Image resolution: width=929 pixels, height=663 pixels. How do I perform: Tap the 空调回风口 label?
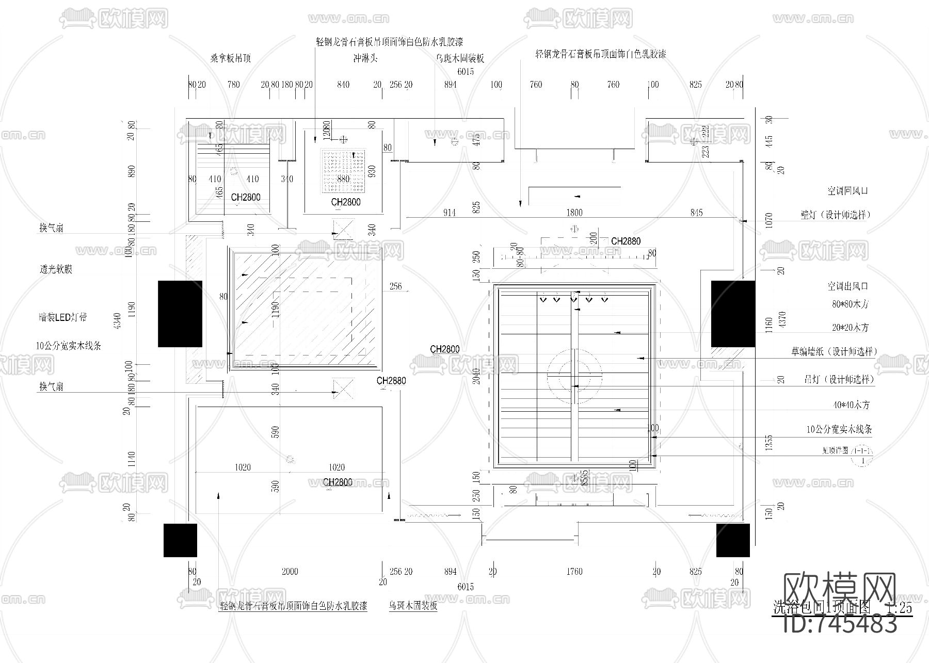847,191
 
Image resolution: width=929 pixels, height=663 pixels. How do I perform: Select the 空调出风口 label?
847,286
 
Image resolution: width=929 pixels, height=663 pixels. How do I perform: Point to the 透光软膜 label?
56,269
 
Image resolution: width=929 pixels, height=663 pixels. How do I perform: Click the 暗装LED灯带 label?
63,317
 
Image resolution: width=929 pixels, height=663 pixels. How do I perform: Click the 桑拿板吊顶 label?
230,58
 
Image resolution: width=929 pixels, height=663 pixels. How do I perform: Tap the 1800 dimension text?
574,213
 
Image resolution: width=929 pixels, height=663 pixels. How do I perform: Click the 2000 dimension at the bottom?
290,571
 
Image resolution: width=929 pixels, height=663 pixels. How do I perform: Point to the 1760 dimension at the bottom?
574,571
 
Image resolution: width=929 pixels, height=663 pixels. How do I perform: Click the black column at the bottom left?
180,540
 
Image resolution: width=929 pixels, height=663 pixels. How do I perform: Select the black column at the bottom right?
733,540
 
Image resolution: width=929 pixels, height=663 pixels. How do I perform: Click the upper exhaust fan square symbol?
343,229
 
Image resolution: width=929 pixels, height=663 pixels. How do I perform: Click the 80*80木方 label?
850,304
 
